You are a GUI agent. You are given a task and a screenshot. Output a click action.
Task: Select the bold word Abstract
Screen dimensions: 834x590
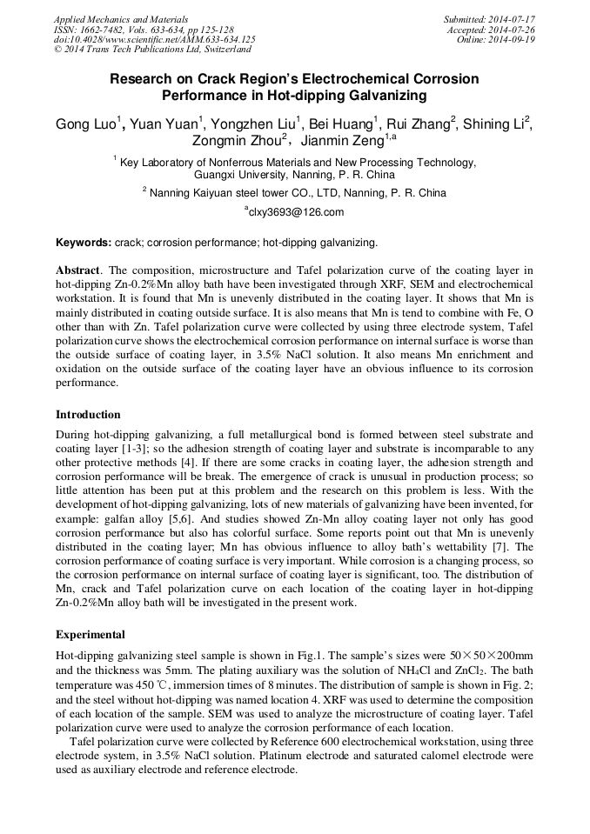coord(79,270)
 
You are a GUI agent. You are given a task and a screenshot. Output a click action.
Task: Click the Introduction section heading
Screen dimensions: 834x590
coord(88,414)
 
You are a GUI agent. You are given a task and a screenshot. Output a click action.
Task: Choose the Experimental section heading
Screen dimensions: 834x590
coord(91,634)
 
